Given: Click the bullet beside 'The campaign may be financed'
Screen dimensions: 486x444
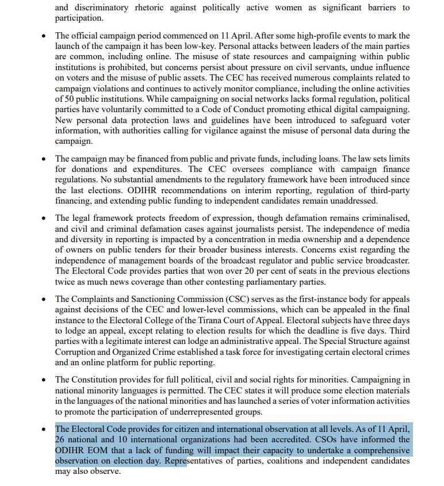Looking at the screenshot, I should pos(44,159).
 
